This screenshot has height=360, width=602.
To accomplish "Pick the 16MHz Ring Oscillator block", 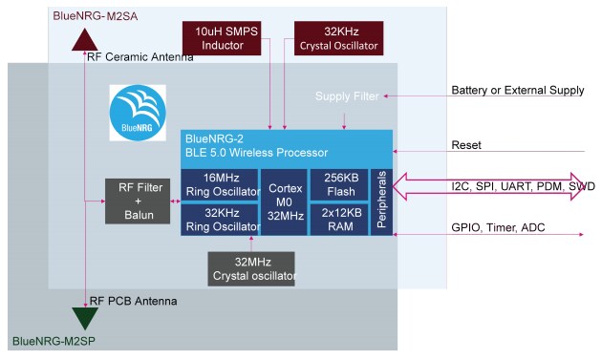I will pyautogui.click(x=220, y=185).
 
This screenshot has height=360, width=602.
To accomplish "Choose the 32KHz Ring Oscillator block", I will pyautogui.click(x=220, y=219).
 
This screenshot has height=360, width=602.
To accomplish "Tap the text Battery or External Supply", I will pyautogui.click(x=517, y=91).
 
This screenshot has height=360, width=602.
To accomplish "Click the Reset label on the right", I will pyautogui.click(x=467, y=145).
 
